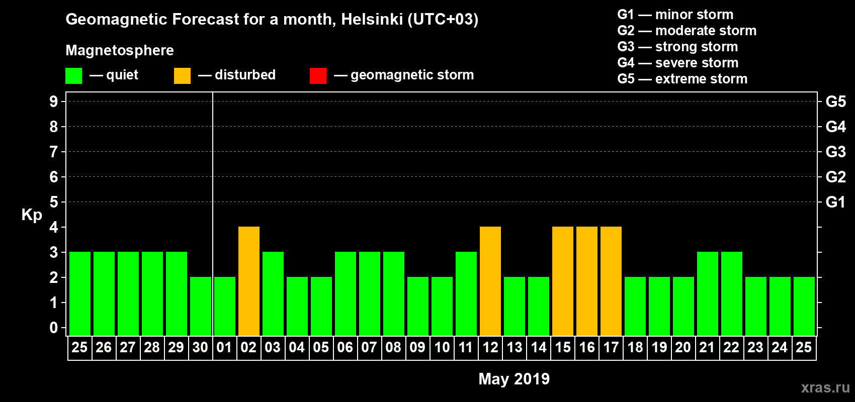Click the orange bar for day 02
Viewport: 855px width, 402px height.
coord(249,281)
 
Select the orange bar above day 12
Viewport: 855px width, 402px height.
coord(490,281)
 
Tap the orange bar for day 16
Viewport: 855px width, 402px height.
coord(587,281)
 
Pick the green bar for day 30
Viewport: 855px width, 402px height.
coord(201,306)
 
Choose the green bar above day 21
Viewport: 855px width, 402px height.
coord(708,293)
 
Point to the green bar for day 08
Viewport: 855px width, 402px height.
coord(394,293)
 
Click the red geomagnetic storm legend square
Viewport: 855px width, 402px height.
coord(318,76)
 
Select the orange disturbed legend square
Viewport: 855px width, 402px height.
coord(182,76)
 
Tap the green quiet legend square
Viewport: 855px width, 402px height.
coord(73,76)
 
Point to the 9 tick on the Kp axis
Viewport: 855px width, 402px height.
coord(54,102)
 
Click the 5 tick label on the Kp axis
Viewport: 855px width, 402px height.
coord(54,202)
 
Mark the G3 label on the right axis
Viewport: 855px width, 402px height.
coord(835,152)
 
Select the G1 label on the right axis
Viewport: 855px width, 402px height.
coord(835,202)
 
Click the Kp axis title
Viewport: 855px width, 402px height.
coord(32,215)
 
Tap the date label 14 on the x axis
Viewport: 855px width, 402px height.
coord(539,347)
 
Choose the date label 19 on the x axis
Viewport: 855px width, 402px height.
coord(659,347)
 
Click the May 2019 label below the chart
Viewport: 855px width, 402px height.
coord(514,379)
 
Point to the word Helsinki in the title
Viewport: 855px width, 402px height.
coord(372,19)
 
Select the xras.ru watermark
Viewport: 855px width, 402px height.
coord(825,387)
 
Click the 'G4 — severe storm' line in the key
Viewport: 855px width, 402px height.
coord(677,63)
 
